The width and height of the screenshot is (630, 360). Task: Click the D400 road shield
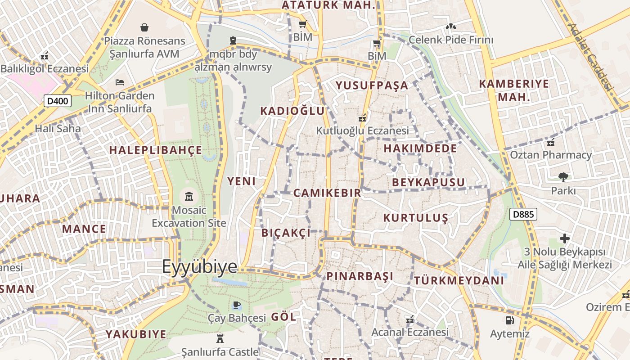coord(58,101)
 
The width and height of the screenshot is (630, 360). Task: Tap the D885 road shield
coord(523,214)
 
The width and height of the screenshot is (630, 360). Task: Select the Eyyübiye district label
coord(199,266)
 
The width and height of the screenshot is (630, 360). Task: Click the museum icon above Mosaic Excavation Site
coord(189,197)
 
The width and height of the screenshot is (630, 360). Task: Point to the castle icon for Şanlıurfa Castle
coord(220,338)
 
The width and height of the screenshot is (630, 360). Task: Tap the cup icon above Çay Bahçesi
coord(237,305)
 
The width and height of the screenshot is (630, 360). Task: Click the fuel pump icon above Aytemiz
coord(509,320)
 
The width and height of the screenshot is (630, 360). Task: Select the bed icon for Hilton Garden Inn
coord(120,82)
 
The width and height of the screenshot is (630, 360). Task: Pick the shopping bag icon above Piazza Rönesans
coord(144,27)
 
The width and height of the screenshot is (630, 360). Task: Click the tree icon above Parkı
coord(563,177)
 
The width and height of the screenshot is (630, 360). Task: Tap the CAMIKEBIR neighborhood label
coord(327,193)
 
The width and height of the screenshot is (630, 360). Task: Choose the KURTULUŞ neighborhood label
coord(415,218)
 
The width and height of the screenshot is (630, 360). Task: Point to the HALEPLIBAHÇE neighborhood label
coord(156,150)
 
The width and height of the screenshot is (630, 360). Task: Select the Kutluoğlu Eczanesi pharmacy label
coord(362,131)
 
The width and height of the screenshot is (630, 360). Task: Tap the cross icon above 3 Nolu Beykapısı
coord(565,238)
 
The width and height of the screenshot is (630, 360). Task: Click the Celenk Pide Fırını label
coord(451,40)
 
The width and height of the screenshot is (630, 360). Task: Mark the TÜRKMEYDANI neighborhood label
coord(459,280)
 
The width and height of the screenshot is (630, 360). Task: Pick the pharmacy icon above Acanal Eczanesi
coord(409,320)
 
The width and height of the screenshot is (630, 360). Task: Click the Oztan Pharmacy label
coord(551,155)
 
